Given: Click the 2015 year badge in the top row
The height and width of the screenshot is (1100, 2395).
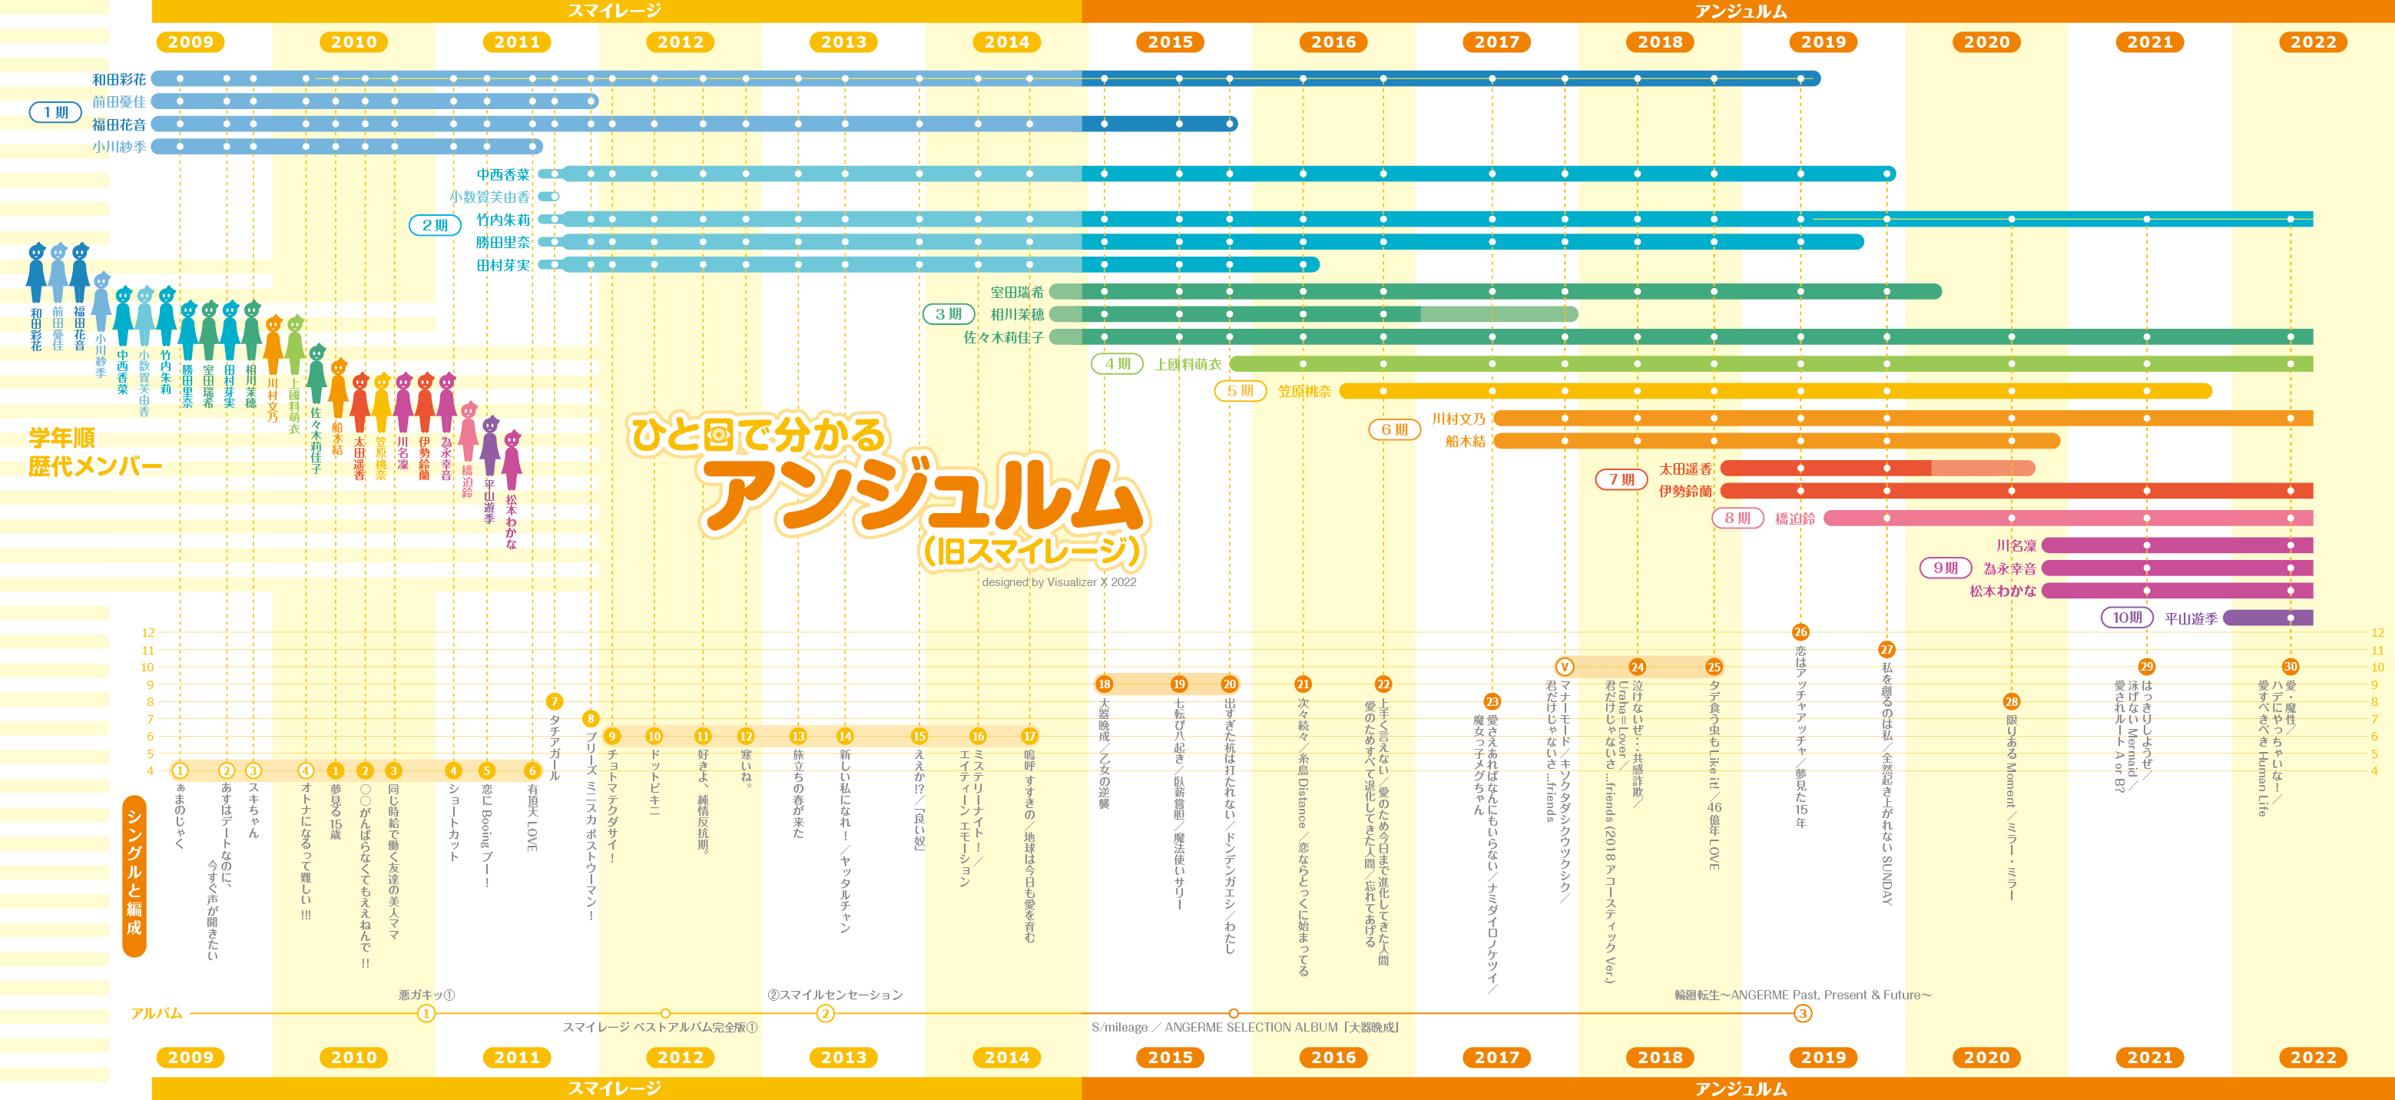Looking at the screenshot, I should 1170,41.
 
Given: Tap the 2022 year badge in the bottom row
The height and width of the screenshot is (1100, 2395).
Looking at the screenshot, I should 2312,1057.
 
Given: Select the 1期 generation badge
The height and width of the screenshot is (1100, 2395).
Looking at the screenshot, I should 56,112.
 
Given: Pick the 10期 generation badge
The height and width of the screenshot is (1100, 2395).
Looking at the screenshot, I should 2126,618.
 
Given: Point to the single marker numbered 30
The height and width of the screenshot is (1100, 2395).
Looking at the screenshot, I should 2290,667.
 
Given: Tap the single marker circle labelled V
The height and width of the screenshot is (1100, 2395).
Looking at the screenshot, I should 1565,667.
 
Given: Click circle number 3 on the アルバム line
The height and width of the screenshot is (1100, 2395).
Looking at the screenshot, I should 1802,1013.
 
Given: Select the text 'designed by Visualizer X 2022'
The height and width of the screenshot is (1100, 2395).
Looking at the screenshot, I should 1058,582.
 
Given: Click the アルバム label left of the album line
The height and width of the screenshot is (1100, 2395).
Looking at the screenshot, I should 156,1013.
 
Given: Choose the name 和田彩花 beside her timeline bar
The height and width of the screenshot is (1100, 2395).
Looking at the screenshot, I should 119,80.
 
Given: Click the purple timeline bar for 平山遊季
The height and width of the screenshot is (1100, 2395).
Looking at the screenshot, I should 2267,618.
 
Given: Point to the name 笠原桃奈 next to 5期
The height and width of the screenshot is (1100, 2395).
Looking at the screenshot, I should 1304,392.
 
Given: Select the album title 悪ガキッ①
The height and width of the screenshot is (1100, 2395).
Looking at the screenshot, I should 427,995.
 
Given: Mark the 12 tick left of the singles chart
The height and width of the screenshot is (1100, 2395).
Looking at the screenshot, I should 147,633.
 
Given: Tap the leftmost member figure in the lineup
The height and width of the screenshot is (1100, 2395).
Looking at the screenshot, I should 36,274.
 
